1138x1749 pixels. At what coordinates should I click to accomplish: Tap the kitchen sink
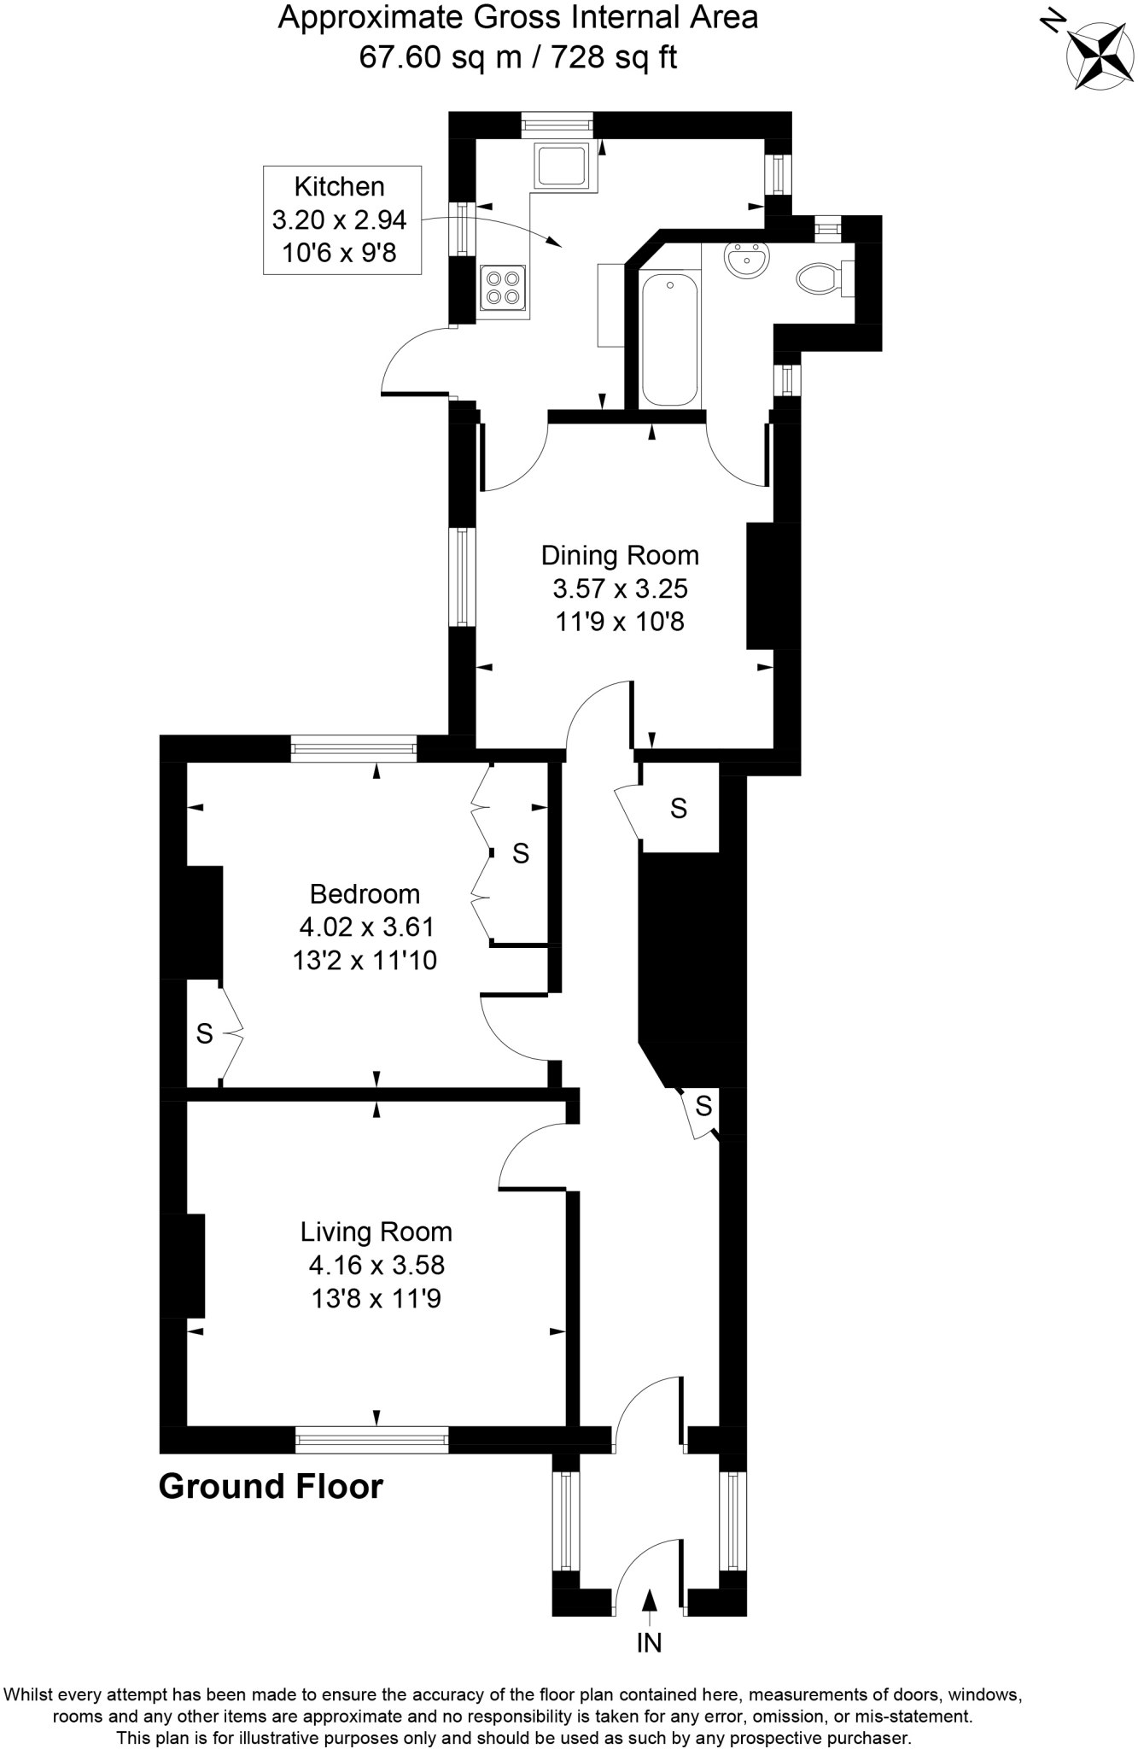click(562, 165)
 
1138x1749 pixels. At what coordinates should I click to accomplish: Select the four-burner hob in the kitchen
click(503, 288)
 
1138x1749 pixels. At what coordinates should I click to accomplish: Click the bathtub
click(669, 338)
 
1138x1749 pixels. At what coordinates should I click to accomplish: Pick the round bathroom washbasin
click(748, 260)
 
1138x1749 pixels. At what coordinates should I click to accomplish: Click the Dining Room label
click(620, 556)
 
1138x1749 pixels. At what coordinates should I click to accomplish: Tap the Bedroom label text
click(365, 894)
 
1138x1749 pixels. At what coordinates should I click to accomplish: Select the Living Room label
click(376, 1231)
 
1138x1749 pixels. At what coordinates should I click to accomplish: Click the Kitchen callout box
click(341, 220)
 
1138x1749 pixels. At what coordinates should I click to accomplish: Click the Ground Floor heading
click(271, 1487)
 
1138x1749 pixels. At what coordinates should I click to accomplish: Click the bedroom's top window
click(353, 750)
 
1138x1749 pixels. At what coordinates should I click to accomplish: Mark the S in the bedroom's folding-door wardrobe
click(521, 853)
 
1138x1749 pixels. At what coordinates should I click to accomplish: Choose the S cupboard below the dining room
click(679, 808)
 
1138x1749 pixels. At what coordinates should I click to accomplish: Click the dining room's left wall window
click(462, 576)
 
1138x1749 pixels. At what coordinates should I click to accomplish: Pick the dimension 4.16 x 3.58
click(376, 1265)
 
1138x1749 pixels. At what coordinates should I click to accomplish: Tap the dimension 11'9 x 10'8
click(620, 622)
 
